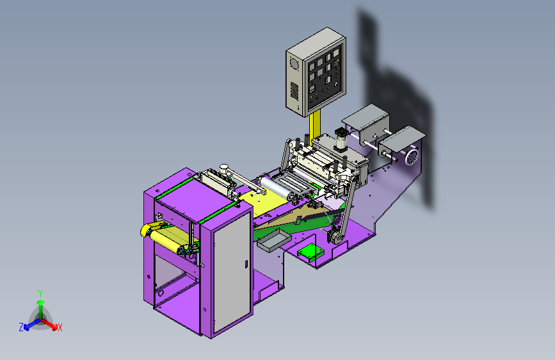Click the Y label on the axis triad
40,293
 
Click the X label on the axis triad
60,328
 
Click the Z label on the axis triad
21,327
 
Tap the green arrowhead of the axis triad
41,302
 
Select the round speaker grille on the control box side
294,65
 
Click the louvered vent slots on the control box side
294,90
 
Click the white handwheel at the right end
412,157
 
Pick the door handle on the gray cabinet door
246,264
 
